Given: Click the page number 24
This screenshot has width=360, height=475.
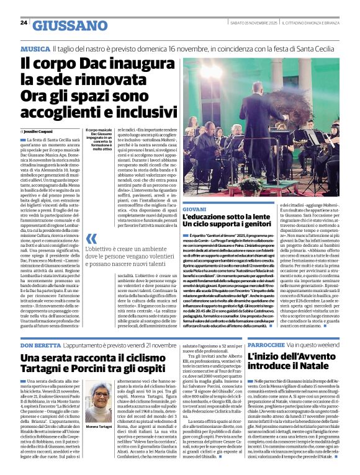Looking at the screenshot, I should pyautogui.click(x=24, y=23).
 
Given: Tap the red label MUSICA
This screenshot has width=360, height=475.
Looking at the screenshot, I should pyautogui.click(x=35, y=48).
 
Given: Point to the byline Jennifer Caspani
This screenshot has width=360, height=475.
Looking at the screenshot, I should pyautogui.click(x=38, y=132).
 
